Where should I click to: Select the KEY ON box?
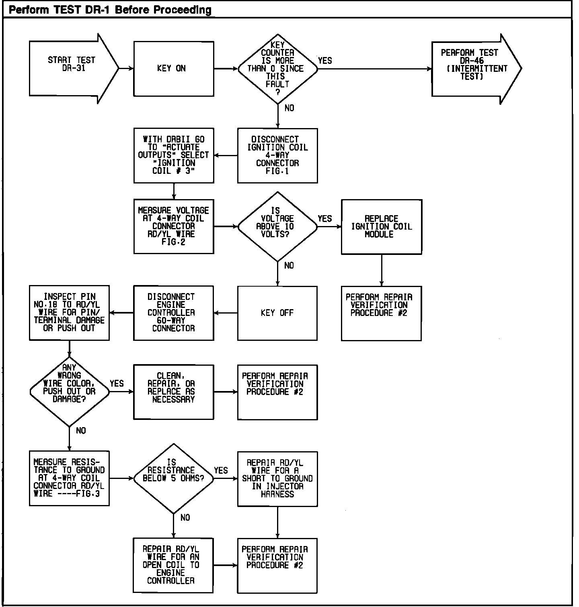click(173, 69)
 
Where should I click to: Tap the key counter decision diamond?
click(277, 69)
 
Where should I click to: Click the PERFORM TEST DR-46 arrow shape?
click(474, 69)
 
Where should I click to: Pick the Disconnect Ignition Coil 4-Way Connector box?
click(277, 155)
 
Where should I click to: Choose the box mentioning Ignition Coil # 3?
click(173, 155)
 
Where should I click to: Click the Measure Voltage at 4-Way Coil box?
click(173, 226)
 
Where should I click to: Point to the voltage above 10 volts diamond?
click(277, 226)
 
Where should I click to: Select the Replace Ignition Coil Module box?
click(381, 226)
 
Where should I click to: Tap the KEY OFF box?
click(277, 313)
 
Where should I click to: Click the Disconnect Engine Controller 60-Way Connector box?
click(173, 313)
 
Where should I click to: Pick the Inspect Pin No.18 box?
click(69, 313)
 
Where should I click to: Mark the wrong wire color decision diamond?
click(69, 391)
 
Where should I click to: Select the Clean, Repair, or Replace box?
click(173, 392)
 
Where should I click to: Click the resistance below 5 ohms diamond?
click(173, 478)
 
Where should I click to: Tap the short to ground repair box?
click(277, 479)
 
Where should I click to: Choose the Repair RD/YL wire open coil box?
click(173, 565)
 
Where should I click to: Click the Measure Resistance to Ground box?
click(69, 478)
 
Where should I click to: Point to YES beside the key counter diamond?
click(325, 61)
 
